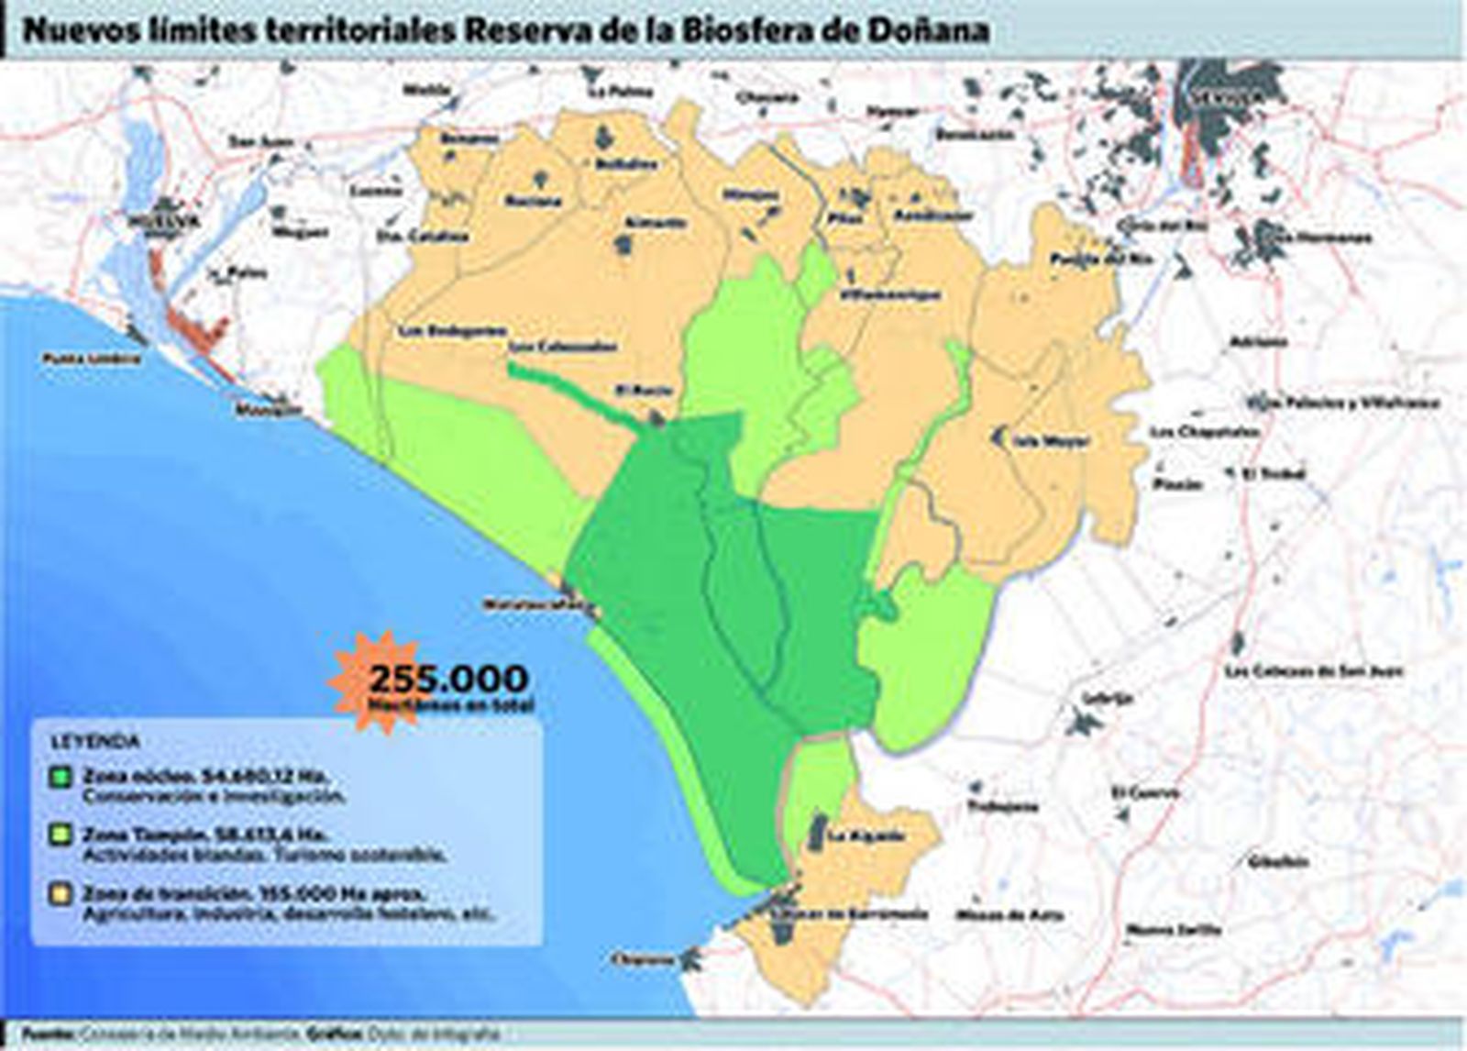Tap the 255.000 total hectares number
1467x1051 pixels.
[448, 680]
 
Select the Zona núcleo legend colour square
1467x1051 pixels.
[61, 777]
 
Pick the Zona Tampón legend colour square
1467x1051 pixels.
[61, 835]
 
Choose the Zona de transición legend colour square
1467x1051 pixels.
[61, 893]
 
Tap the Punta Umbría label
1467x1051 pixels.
[93, 358]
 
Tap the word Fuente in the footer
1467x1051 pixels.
[45, 1033]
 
